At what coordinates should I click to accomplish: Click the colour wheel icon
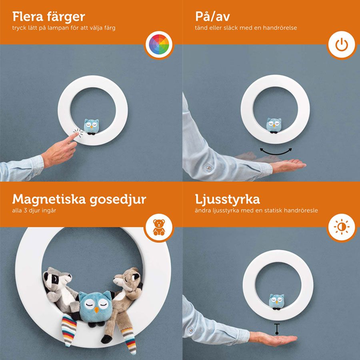159,44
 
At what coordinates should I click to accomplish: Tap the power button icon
342,44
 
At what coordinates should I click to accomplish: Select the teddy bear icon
159,227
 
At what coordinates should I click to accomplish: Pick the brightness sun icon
342,227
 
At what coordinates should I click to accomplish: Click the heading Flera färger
49,17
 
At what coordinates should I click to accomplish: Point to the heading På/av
212,17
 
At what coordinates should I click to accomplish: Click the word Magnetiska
49,200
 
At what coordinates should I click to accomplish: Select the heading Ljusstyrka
228,200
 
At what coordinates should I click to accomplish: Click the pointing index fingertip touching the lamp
76,134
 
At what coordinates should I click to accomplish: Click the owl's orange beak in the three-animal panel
97,310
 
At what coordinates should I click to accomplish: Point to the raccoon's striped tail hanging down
69,330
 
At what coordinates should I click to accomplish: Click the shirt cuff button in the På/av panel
209,168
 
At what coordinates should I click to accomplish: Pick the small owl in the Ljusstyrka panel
276,302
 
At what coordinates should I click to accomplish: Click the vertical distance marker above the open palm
277,328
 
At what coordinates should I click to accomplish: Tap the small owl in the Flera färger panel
91,127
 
